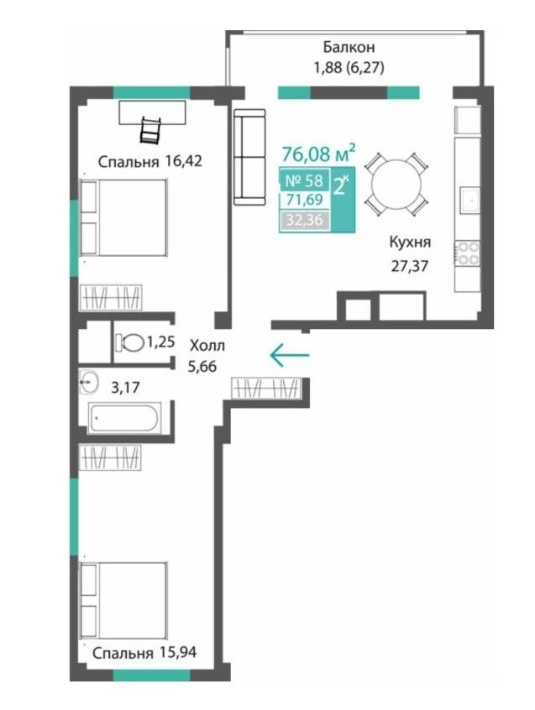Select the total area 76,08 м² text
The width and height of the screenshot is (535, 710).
pyautogui.click(x=318, y=154)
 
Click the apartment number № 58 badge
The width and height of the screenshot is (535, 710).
pyautogui.click(x=304, y=180)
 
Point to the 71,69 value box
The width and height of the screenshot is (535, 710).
pyautogui.click(x=304, y=199)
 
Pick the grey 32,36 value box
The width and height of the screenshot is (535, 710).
pyautogui.click(x=304, y=220)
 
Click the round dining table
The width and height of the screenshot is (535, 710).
pyautogui.click(x=396, y=185)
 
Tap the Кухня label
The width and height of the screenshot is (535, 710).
pyautogui.click(x=410, y=243)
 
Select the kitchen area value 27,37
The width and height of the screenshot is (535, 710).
pyautogui.click(x=410, y=266)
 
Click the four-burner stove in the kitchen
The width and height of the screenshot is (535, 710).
pyautogui.click(x=468, y=253)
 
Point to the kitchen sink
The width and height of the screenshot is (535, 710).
pyautogui.click(x=470, y=201)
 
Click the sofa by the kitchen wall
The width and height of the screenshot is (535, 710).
pyautogui.click(x=249, y=157)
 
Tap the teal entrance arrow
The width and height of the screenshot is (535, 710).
pyautogui.click(x=290, y=354)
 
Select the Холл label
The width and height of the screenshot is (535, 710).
pyautogui.click(x=207, y=346)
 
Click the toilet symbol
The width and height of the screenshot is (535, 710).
pyautogui.click(x=129, y=342)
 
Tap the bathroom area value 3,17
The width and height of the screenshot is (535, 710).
pyautogui.click(x=125, y=388)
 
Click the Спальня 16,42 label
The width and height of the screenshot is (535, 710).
pyautogui.click(x=150, y=161)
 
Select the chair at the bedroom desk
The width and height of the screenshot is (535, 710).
pyautogui.click(x=150, y=131)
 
